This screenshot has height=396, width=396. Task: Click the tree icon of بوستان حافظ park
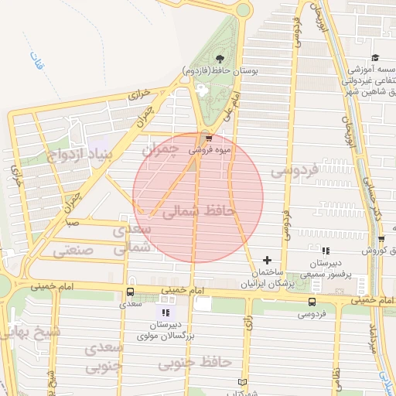pyautogui.click(x=220, y=59)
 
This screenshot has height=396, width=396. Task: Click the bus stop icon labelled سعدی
pyautogui.click(x=130, y=292)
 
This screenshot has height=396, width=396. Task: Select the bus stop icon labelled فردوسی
pyautogui.click(x=312, y=302)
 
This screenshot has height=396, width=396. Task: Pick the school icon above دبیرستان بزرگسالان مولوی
pyautogui.click(x=165, y=312)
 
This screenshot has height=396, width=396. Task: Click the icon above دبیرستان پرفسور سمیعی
pyautogui.click(x=326, y=251)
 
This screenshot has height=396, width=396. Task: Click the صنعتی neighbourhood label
pyautogui.click(x=73, y=251)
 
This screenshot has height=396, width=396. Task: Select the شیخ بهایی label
pyautogui.click(x=22, y=333)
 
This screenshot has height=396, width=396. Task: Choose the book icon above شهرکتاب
pyautogui.click(x=242, y=383)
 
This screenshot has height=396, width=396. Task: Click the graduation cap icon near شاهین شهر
pyautogui.click(x=375, y=58)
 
